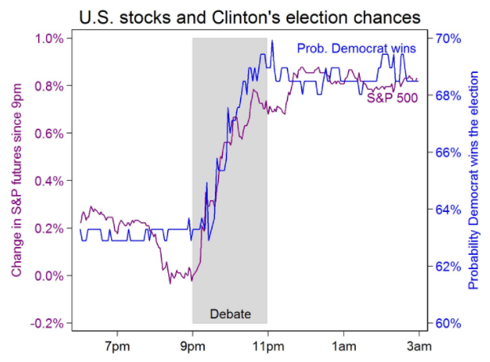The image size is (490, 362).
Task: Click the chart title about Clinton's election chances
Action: [246, 15]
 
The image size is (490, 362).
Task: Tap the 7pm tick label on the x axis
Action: [117, 346]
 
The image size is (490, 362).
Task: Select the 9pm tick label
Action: [193, 346]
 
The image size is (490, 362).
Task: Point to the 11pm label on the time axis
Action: [267, 346]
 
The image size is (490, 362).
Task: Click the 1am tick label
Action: [343, 346]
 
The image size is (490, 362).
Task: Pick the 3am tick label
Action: [419, 346]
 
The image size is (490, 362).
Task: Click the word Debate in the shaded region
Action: [230, 314]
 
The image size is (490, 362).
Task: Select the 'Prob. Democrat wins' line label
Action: [356, 48]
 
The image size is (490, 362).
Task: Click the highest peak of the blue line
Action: [272, 41]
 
